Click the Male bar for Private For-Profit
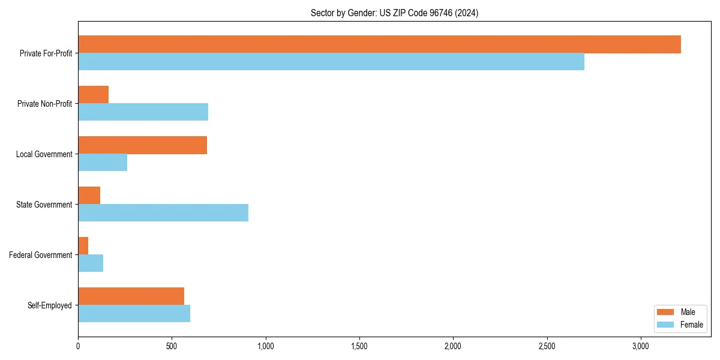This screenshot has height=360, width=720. coord(379,44)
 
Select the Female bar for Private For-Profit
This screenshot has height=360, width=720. coord(331,62)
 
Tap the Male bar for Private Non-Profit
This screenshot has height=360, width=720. coord(94,95)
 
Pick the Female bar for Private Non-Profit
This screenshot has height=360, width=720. coord(143,112)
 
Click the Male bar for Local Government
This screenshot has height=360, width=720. coord(142,145)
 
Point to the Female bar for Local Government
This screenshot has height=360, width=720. coord(103,163)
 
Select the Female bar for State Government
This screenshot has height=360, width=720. coord(163,213)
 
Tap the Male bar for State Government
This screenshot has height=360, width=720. coord(89,196)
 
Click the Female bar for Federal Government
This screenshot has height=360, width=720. coord(91,263)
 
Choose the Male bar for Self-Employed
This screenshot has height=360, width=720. coord(131,296)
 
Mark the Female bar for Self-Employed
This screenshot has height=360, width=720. coord(134,314)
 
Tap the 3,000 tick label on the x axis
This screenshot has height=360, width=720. coord(640,346)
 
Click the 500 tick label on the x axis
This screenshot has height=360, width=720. coord(172,346)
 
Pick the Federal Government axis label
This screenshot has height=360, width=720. coord(41,255)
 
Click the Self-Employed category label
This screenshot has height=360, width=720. coord(50,305)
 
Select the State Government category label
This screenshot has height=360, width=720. coord(44,205)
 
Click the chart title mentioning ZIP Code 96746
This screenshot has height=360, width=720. coord(394,13)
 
